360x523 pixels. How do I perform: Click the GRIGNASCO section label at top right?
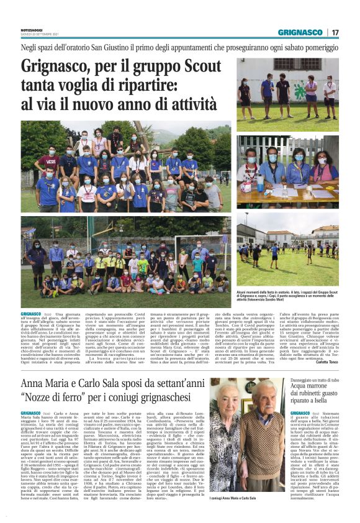tap(300, 32)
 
